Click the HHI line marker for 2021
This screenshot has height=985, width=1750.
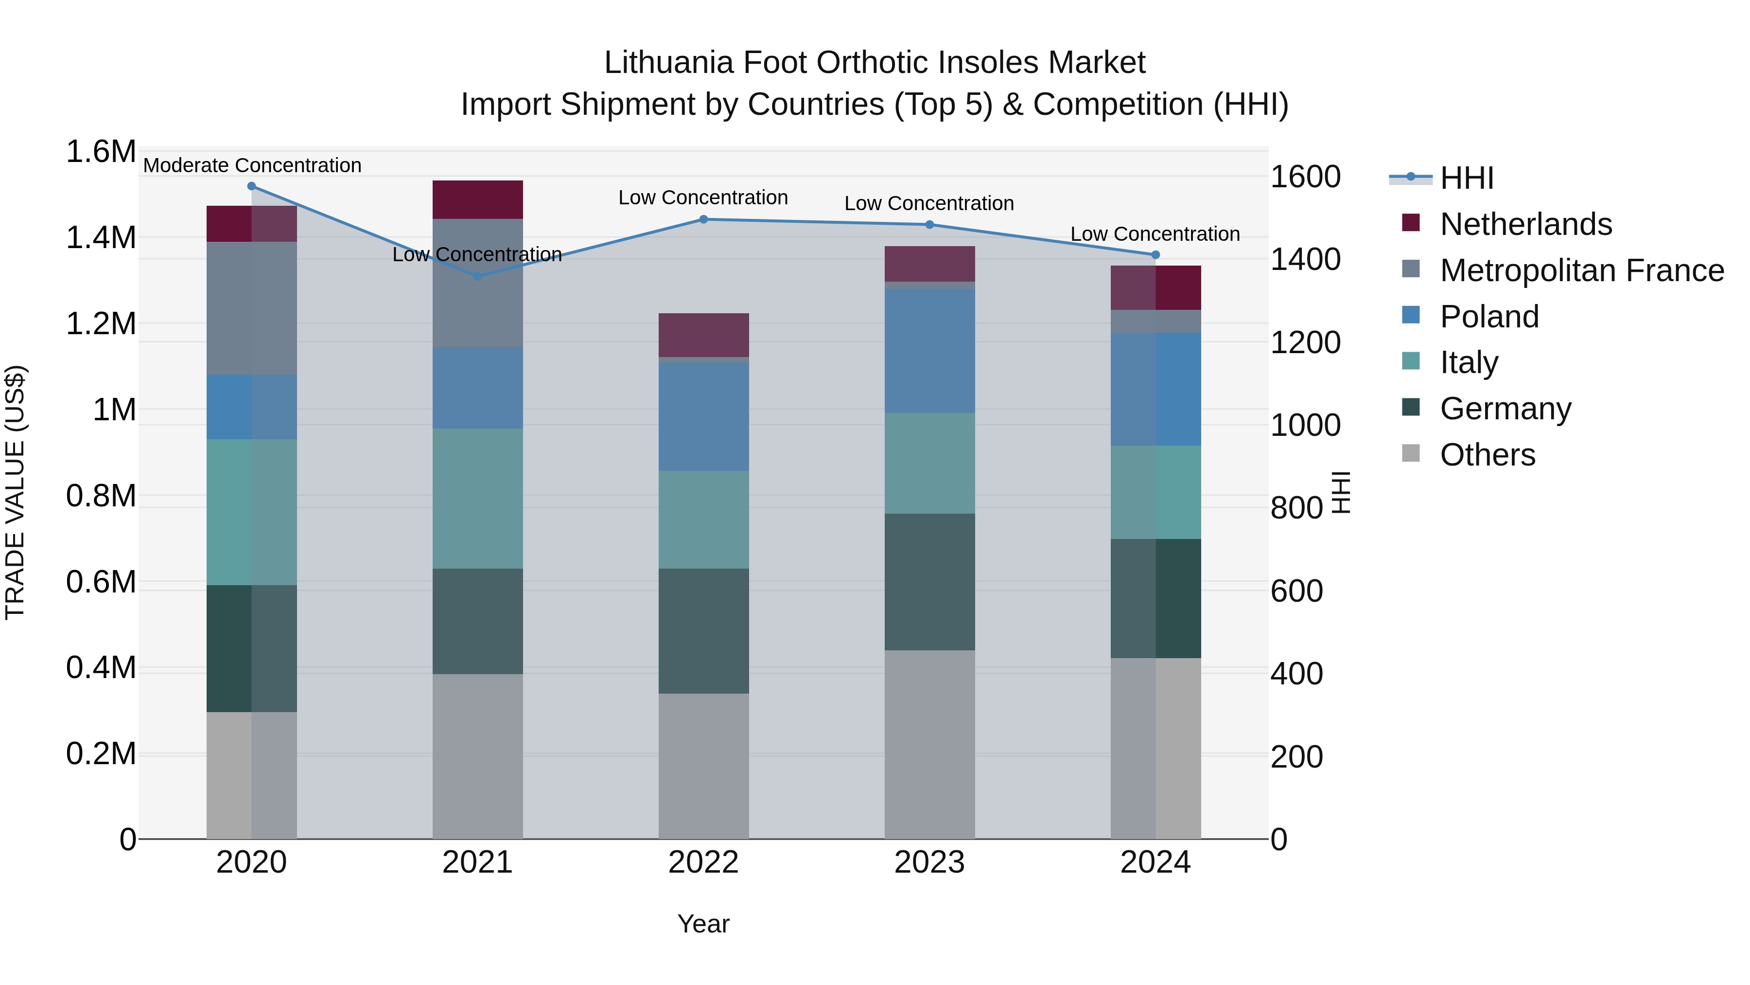coord(477,276)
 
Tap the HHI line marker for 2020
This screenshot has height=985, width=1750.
coord(251,186)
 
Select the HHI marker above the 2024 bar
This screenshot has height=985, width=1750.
coord(1155,255)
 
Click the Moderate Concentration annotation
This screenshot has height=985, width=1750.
coord(252,165)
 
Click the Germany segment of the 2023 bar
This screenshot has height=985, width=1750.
coord(929,582)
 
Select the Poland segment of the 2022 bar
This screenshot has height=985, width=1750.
coord(704,417)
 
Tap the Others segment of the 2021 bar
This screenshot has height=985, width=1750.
coord(477,756)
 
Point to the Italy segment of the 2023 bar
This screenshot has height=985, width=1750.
coord(929,463)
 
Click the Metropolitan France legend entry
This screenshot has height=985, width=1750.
coord(1581,270)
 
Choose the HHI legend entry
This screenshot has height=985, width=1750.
coord(1466,178)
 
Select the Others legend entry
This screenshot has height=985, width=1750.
coord(1487,455)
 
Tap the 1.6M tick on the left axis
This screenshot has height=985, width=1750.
coord(101,152)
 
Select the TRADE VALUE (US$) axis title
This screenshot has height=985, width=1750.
coord(16,492)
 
